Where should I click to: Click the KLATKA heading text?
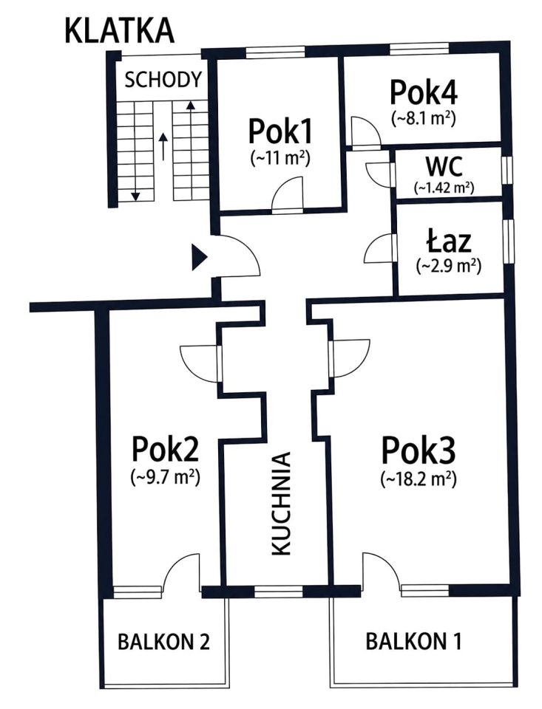[x=120, y=31]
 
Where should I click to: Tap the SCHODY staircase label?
[x=163, y=80]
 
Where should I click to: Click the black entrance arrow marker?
[x=200, y=258]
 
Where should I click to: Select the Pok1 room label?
[x=280, y=131]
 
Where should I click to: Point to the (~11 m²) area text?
[x=280, y=158]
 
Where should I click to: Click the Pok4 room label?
[x=424, y=92]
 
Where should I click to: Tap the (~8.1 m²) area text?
[x=424, y=118]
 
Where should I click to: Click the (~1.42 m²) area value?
[x=444, y=187]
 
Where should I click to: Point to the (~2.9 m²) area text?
[x=448, y=266]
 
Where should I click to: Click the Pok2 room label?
[x=166, y=449]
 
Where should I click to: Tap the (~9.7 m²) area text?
[x=166, y=477]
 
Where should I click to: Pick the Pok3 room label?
[x=419, y=451]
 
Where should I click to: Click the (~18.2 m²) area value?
[x=419, y=479]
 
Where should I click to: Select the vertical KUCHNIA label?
[x=280, y=503]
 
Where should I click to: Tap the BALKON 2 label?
[x=164, y=641]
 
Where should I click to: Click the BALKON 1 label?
[x=414, y=641]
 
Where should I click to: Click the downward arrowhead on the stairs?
[x=135, y=196]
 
